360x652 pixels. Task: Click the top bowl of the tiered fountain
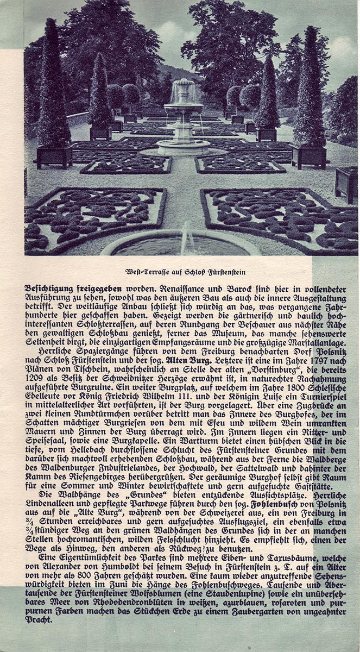(x=183, y=85)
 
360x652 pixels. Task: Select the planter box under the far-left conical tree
(x=54, y=156)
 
